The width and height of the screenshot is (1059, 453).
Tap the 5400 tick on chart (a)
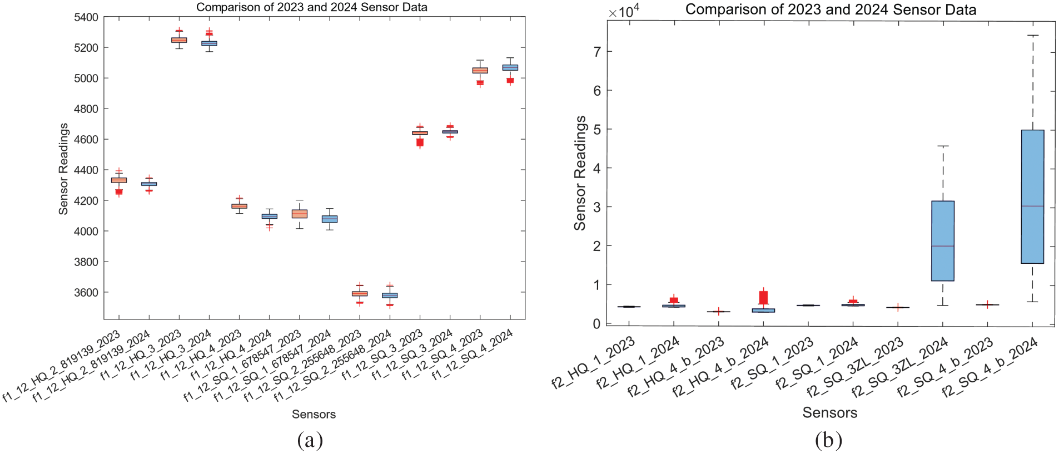pos(86,17)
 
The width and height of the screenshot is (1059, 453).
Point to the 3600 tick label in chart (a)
pos(86,293)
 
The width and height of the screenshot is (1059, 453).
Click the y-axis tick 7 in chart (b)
pos(597,52)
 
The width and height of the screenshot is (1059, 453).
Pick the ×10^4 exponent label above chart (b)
pos(623,11)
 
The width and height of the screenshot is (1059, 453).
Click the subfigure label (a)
pos(310,440)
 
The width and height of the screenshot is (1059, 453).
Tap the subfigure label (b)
pos(828,440)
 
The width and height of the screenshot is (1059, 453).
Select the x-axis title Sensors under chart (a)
pos(314,414)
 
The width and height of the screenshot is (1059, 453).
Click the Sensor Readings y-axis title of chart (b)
pos(580,173)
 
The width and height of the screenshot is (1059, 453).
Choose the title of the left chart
pos(312,7)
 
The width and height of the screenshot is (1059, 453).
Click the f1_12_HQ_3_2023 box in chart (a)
pos(179,40)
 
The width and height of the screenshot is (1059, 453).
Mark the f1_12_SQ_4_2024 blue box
pos(510,67)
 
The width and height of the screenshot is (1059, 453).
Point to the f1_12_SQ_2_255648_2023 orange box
pos(360,293)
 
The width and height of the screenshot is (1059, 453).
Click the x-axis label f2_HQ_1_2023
pos(594,363)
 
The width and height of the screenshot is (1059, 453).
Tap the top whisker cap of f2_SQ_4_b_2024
pos(1032,36)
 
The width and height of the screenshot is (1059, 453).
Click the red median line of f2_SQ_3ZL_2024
pos(943,246)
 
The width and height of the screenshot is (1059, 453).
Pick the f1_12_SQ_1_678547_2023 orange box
pos(300,214)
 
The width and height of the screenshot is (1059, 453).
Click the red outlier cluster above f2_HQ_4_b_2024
pos(763,297)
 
